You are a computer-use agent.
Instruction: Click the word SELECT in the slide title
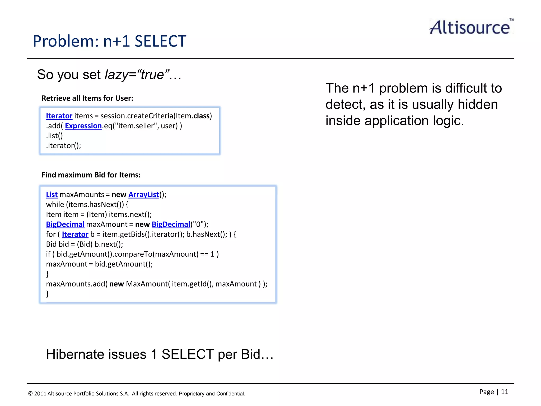tap(160, 41)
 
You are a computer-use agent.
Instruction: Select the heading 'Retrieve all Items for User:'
tap(87, 98)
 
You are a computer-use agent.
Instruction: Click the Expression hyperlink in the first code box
tap(83, 126)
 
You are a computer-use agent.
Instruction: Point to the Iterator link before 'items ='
tap(59, 116)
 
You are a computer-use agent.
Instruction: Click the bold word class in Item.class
tap(201, 116)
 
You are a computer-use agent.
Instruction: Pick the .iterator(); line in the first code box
tap(63, 146)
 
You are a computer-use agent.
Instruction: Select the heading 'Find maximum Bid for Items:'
tap(91, 175)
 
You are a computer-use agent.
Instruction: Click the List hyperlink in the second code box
tap(52, 195)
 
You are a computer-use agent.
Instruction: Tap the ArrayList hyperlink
tap(144, 195)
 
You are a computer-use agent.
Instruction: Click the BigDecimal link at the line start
tap(65, 224)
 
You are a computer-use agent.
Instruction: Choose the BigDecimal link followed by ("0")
tap(171, 224)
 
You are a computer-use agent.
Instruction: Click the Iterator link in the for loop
tap(75, 234)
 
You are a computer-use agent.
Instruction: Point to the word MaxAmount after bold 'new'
tap(147, 284)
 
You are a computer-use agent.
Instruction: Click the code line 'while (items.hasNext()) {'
tap(87, 205)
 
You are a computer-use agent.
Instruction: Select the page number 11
tap(505, 392)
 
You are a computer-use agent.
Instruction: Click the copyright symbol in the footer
tap(30, 394)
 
